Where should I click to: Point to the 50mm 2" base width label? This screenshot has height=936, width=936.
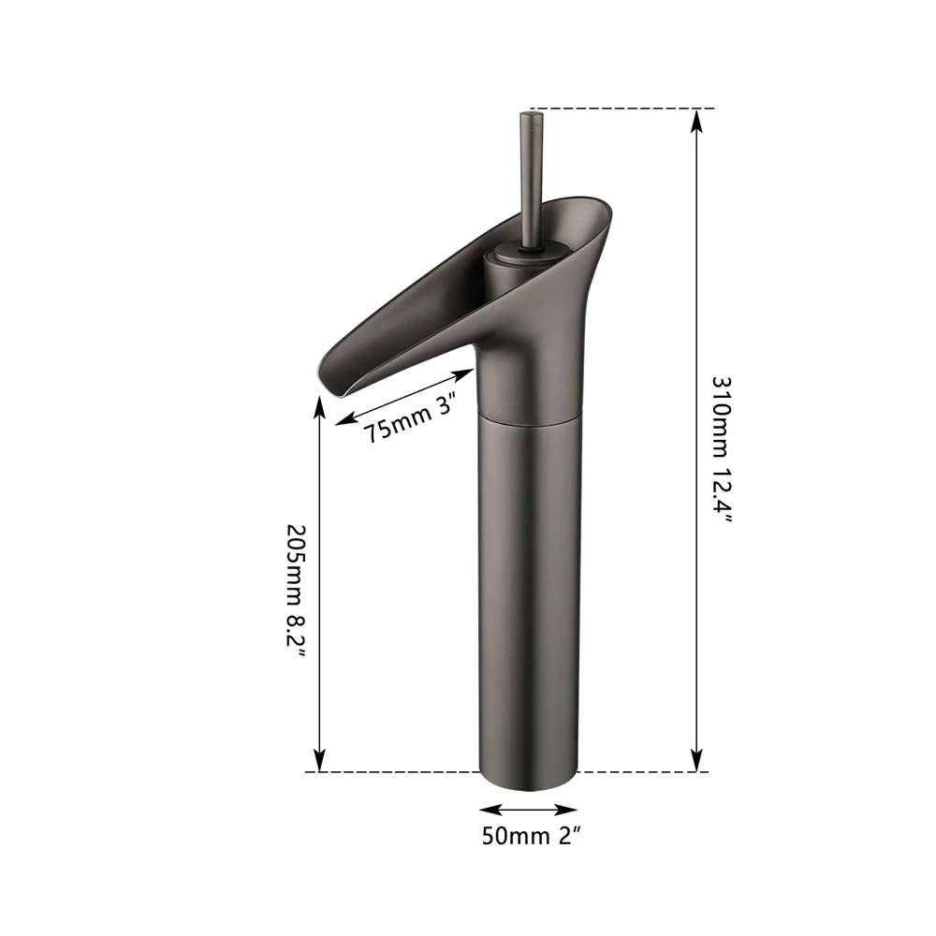tap(528, 836)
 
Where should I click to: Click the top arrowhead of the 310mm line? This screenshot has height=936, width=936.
tap(696, 118)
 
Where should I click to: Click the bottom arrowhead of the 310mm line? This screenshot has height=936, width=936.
tap(696, 763)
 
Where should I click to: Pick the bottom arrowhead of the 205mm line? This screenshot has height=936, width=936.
tap(319, 763)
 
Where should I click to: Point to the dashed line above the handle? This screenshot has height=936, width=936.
tap(618, 109)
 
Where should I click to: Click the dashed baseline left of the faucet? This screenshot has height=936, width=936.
tap(393, 772)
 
